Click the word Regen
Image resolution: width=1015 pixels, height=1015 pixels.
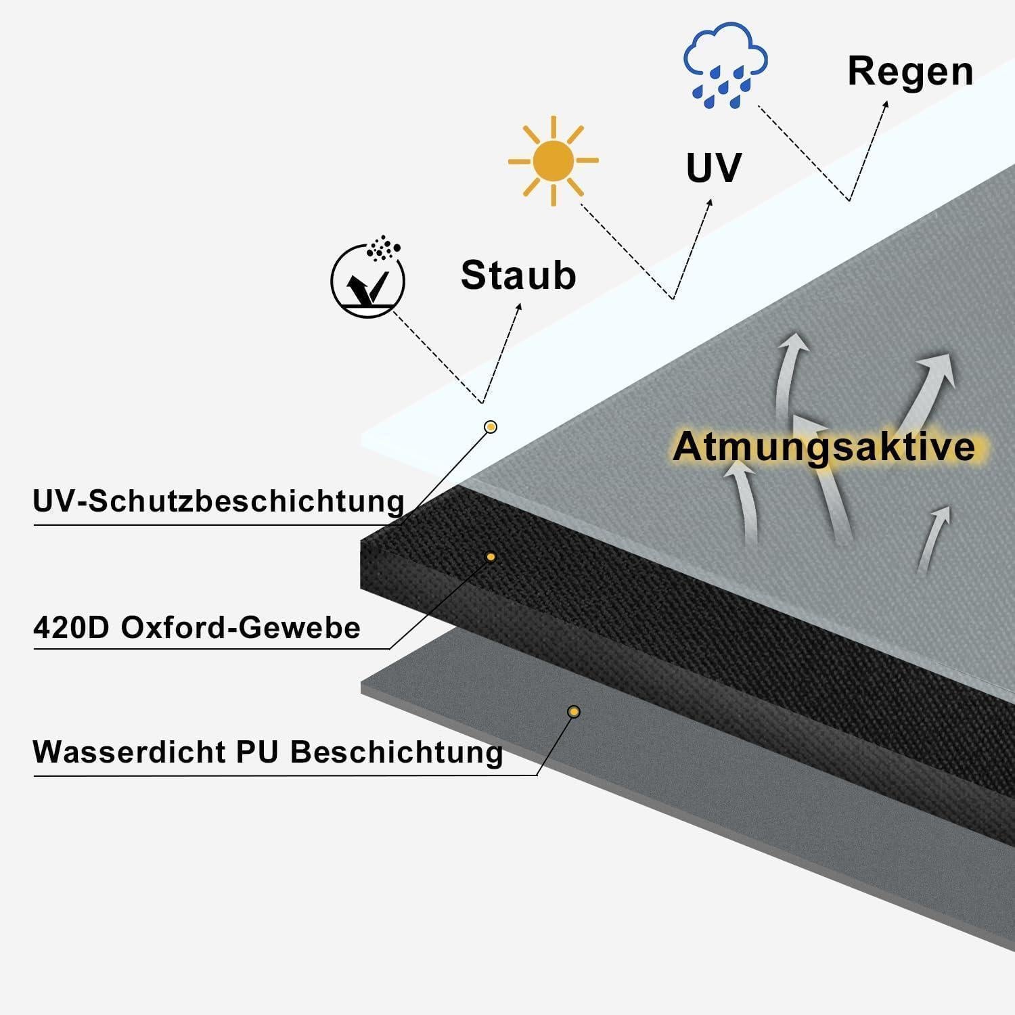[910, 72]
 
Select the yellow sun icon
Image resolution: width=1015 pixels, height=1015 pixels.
[553, 161]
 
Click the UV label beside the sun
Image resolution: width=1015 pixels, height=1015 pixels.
[713, 168]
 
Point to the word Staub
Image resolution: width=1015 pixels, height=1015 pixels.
[518, 275]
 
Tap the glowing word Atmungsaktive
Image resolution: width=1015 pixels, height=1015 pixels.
[824, 447]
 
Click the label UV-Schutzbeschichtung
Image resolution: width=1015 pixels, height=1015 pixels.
[219, 501]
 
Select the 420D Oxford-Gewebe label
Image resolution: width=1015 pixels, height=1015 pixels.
[196, 627]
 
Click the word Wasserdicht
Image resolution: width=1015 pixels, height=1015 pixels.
[129, 752]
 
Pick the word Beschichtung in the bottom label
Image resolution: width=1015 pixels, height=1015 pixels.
[397, 752]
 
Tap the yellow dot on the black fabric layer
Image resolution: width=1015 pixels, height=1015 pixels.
[491, 557]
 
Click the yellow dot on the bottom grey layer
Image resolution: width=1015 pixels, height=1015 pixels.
[574, 712]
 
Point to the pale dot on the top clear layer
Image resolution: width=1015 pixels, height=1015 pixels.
[491, 427]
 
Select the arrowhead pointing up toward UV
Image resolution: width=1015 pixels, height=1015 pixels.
[709, 203]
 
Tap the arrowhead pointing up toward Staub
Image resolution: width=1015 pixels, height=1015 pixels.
[519, 307]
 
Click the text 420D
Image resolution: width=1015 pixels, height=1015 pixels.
[71, 627]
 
